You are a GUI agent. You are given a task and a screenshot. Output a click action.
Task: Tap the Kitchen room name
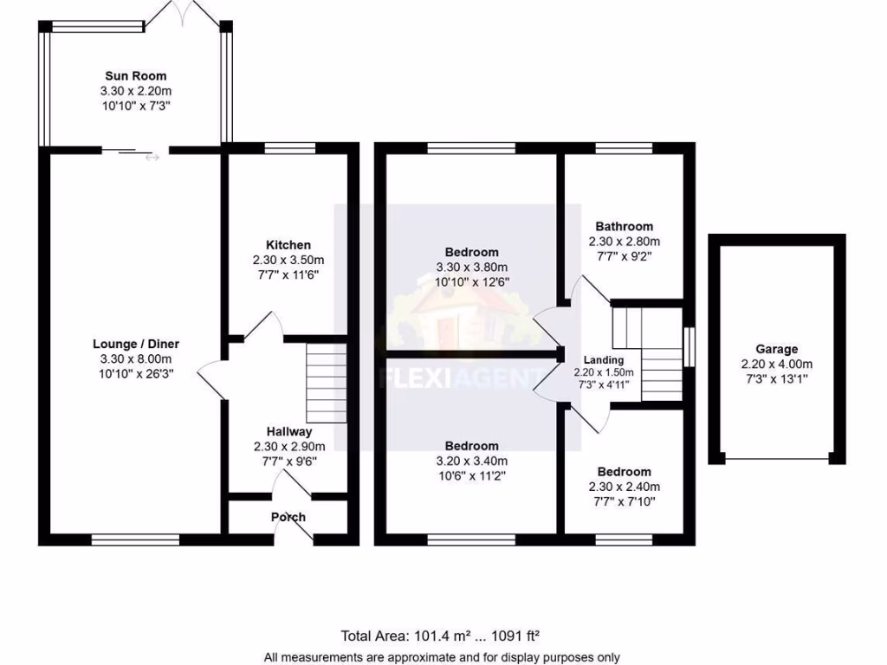coord(288,245)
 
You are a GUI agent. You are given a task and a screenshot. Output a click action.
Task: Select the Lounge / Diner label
coord(135,344)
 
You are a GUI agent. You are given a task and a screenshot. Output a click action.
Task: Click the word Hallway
coord(288,431)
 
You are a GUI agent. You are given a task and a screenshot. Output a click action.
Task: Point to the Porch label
coord(288,517)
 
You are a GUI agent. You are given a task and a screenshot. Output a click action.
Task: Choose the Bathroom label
coord(624,227)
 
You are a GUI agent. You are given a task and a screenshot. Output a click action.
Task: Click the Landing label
coord(603,360)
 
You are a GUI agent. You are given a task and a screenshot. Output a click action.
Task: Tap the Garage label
coord(776,349)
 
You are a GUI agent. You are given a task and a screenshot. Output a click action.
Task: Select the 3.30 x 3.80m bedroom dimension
coord(472,267)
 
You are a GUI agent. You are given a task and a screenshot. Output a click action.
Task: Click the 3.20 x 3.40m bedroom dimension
coord(472,461)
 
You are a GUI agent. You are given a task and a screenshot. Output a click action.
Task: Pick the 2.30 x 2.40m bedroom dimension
coord(624,487)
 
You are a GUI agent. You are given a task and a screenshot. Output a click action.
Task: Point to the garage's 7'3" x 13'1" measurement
coord(776,378)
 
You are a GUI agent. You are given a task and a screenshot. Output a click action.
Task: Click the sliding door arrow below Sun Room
coord(152,157)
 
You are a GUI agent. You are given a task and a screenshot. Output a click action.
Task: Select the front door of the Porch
coord(299,530)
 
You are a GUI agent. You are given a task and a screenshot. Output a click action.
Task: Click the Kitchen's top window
coord(288,148)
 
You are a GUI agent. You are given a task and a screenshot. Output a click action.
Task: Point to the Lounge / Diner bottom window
coord(135,539)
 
